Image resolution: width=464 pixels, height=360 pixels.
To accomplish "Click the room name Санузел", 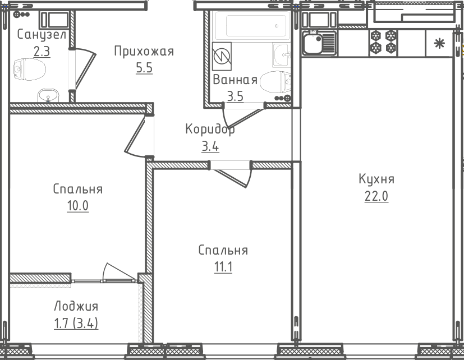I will pyautogui.click(x=41, y=35).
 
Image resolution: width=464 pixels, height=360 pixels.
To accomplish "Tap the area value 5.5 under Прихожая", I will pyautogui.click(x=144, y=68).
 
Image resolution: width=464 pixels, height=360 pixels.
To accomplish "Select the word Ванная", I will pyautogui.click(x=235, y=80).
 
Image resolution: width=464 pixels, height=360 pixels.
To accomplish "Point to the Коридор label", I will pyautogui.click(x=210, y=129).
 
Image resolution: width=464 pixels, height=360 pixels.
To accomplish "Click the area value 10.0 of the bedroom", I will pyautogui.click(x=78, y=205).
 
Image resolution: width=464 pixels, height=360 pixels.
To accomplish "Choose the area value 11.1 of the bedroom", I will pyautogui.click(x=223, y=267).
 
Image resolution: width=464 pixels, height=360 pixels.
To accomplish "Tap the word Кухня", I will pyautogui.click(x=376, y=179).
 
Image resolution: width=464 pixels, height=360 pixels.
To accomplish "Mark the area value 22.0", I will pyautogui.click(x=376, y=196).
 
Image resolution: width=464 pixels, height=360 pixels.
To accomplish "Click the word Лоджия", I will pyautogui.click(x=76, y=306).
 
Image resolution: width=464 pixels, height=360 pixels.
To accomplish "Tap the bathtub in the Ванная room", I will pyautogui.click(x=250, y=26).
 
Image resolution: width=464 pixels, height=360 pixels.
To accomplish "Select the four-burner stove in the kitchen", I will pyautogui.click(x=383, y=43).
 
